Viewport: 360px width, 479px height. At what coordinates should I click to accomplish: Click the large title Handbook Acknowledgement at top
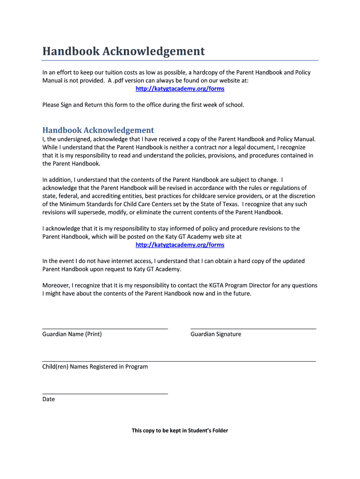coord(123,51)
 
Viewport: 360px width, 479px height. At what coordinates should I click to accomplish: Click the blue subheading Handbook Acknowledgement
coord(98,130)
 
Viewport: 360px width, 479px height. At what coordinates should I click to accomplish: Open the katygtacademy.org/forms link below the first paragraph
coord(180,89)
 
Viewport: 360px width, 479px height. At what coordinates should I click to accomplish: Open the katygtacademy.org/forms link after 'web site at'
coord(180,245)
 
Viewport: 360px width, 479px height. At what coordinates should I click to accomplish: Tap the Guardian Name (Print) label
coord(72,334)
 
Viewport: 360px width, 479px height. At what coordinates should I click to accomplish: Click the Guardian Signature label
coord(216,334)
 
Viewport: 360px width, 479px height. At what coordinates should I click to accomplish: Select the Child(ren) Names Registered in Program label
coord(95,367)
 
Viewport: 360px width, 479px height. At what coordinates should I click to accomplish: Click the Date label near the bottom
coord(49,399)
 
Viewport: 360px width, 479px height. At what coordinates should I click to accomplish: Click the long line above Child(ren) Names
coord(179,361)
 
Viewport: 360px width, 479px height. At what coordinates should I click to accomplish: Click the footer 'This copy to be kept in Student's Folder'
coord(180,430)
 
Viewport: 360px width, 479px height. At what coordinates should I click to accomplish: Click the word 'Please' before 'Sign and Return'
coord(51,105)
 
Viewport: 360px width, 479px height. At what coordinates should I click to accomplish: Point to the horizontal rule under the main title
coord(180,60)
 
